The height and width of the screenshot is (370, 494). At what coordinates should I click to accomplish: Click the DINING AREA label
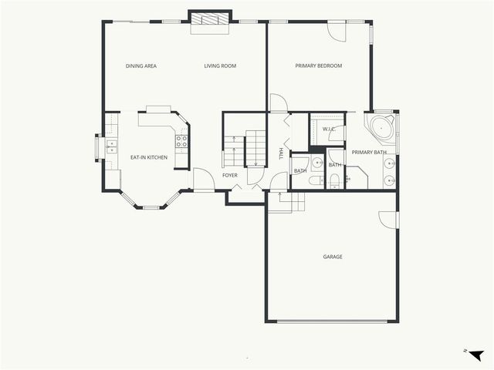tap(141, 66)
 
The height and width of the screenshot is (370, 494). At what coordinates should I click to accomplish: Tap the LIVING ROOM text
tap(220, 66)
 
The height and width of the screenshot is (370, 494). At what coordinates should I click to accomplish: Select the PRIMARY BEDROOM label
tap(319, 66)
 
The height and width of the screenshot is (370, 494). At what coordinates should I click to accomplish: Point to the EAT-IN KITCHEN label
tap(148, 157)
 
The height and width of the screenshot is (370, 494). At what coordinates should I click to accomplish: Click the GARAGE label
tap(333, 257)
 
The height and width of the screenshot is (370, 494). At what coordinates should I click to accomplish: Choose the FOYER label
tap(230, 176)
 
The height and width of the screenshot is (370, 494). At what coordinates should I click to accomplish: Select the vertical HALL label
tap(280, 154)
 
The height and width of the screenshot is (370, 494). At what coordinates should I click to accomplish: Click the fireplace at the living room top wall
tap(210, 22)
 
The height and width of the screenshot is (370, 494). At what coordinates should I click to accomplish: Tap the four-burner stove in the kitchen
tap(181, 141)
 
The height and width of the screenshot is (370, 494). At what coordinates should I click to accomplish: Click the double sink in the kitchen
tap(111, 146)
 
